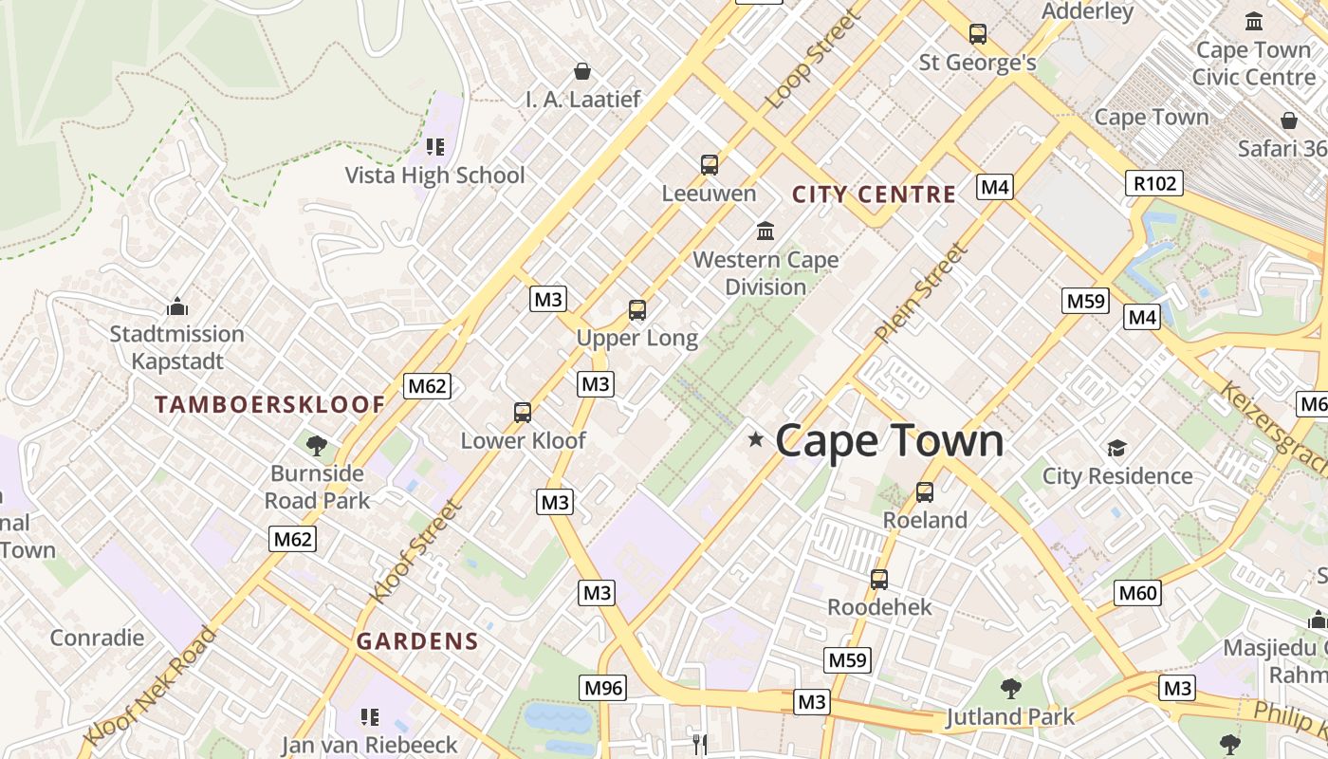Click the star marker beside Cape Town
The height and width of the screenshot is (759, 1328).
point(756,438)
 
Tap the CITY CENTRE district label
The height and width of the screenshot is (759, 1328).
point(874,195)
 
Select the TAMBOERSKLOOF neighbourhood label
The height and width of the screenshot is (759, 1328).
point(270,405)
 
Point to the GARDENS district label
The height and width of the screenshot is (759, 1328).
point(417,641)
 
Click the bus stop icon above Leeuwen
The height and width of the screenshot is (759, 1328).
point(710,165)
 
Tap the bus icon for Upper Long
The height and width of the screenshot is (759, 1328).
point(637,310)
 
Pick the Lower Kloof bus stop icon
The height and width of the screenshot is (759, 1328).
point(523,413)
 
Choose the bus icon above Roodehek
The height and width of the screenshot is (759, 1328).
point(879,579)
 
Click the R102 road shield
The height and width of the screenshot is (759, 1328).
point(1154,183)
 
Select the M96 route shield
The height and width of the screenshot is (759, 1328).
point(603,688)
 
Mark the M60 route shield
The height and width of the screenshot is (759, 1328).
point(1138,593)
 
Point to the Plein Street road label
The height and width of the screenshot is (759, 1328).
point(922,292)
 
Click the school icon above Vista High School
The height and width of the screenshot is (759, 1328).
point(435,147)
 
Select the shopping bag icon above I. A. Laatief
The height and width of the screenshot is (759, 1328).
point(582,71)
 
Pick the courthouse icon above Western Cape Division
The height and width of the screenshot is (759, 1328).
point(765,231)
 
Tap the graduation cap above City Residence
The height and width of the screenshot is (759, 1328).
point(1116,448)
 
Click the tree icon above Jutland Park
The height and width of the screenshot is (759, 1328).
point(1011,688)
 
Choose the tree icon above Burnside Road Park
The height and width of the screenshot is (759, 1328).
point(317,445)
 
